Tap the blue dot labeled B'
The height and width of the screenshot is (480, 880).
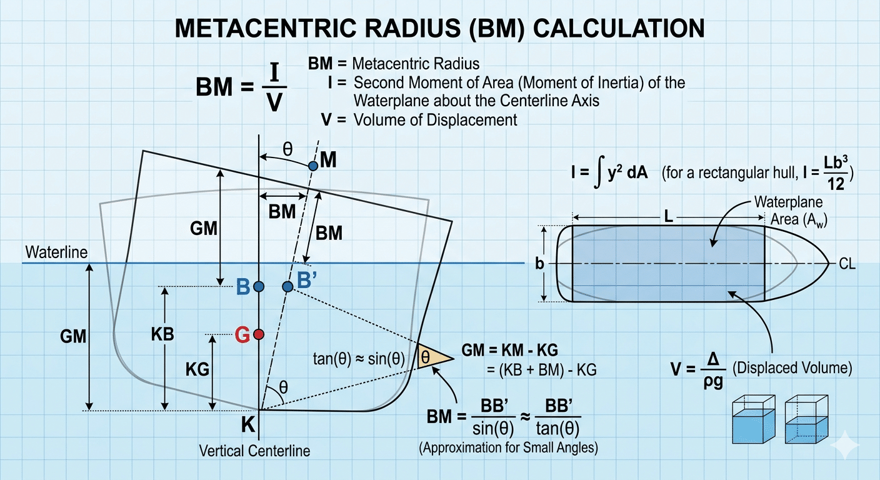pos(287,286)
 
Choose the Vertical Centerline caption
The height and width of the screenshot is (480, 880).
pos(254,451)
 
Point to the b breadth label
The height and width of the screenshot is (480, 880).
pos(539,264)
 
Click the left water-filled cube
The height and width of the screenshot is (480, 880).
pos(754,421)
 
